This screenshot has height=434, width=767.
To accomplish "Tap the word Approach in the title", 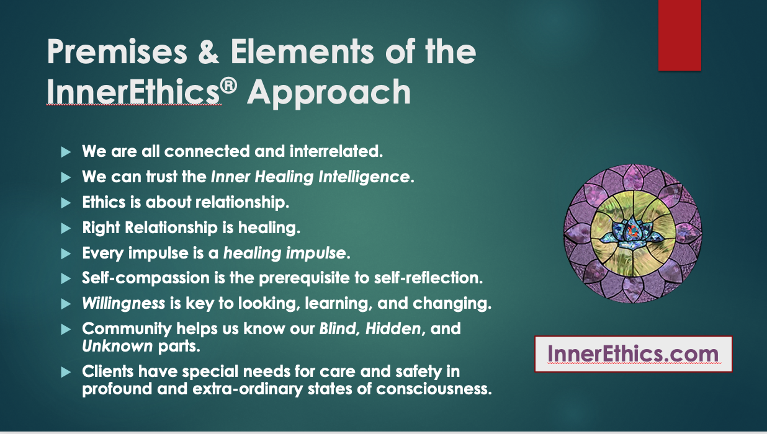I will [329, 92].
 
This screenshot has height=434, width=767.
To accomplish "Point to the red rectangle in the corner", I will [680, 35].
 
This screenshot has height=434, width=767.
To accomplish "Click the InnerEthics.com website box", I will [633, 354].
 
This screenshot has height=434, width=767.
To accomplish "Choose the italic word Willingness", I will [123, 304].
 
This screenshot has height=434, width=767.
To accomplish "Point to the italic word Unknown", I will [117, 345].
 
